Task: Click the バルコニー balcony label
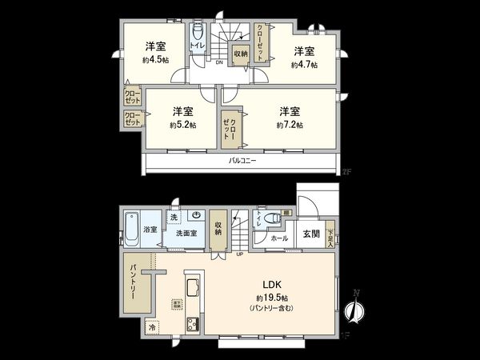pos(242,161)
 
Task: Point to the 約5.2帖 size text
pos(182,125)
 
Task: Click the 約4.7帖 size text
pos(304,64)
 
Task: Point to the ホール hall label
pos(279,238)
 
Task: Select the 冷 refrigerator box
pos(152,327)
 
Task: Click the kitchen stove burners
pos(194,324)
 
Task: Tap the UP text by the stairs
pos(239,255)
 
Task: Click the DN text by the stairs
pos(218,62)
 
